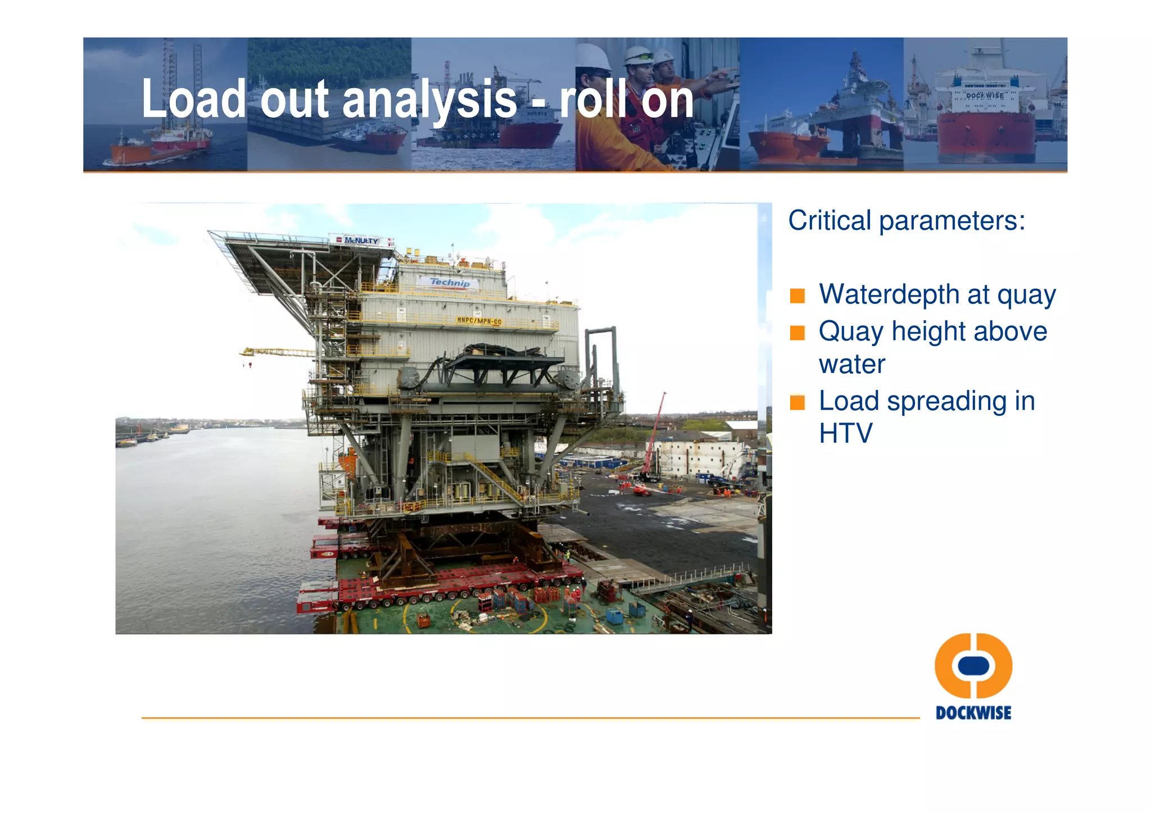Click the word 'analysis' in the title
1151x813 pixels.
pyautogui.click(x=429, y=100)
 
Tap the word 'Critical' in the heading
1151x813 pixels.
pyautogui.click(x=829, y=220)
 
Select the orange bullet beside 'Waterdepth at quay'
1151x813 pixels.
pyautogui.click(x=797, y=296)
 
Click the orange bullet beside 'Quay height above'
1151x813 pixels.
pyautogui.click(x=797, y=333)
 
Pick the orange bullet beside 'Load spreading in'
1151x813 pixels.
pyautogui.click(x=797, y=402)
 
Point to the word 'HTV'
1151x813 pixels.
pyautogui.click(x=845, y=433)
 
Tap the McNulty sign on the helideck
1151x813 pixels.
pyautogui.click(x=361, y=240)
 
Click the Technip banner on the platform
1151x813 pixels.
pyautogui.click(x=449, y=283)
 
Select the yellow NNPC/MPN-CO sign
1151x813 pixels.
pyautogui.click(x=479, y=321)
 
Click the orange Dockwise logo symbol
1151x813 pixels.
pyautogui.click(x=973, y=665)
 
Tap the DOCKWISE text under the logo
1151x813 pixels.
pyautogui.click(x=973, y=713)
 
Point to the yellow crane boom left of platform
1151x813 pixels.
pyautogui.click(x=277, y=352)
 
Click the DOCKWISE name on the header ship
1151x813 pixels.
pyautogui.click(x=985, y=96)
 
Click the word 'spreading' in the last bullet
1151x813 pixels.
pyautogui.click(x=946, y=401)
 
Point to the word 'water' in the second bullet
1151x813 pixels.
pyautogui.click(x=851, y=365)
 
